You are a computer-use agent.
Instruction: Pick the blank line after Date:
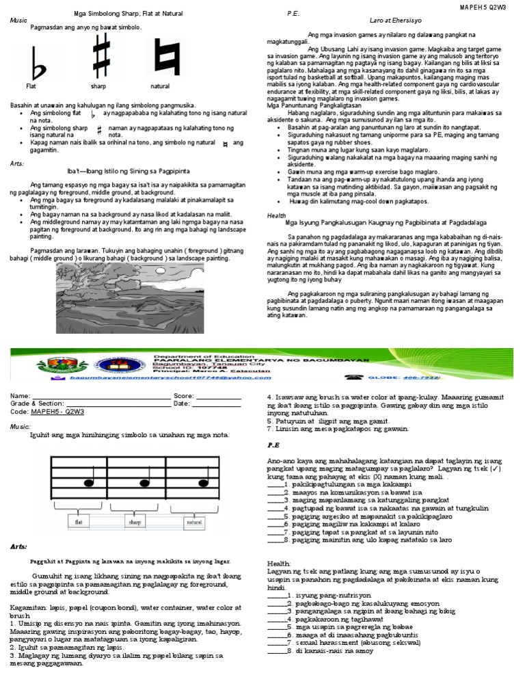point(216,404)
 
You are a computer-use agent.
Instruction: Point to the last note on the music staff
point(203,483)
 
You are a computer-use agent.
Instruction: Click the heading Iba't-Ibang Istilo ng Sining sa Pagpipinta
point(133,169)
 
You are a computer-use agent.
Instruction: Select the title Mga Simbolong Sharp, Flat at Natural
point(129,14)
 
